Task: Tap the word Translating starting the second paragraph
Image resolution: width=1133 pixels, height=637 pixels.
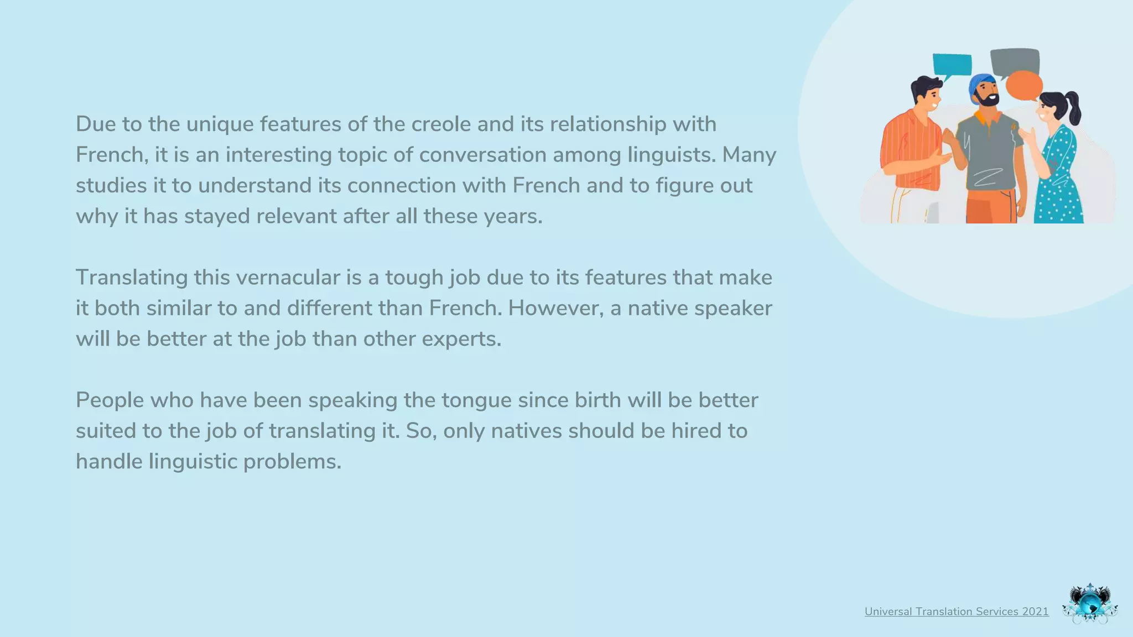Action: pyautogui.click(x=132, y=278)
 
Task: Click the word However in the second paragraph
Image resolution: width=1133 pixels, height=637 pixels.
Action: pyautogui.click(x=555, y=308)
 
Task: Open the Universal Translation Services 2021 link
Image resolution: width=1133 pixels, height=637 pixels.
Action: pyautogui.click(x=957, y=612)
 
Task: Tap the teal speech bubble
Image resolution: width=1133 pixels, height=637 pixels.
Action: pyautogui.click(x=952, y=65)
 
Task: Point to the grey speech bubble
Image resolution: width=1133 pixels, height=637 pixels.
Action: pyautogui.click(x=1015, y=60)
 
